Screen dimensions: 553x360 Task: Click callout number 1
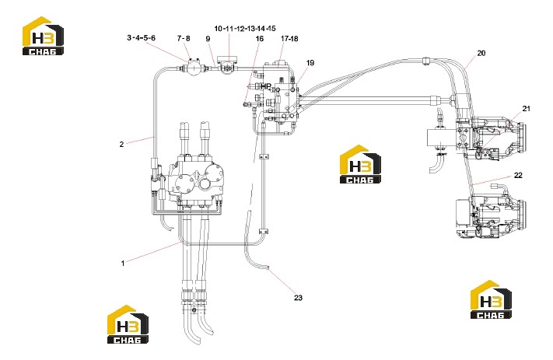pyautogui.click(x=123, y=264)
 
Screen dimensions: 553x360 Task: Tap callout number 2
pyautogui.click(x=121, y=144)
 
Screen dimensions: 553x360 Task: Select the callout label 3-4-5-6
pyautogui.click(x=141, y=38)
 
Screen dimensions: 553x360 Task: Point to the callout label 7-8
pyautogui.click(x=184, y=38)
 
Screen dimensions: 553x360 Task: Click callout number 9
pyautogui.click(x=208, y=38)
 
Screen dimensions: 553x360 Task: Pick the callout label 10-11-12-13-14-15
pyautogui.click(x=245, y=28)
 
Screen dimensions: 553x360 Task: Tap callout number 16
pyautogui.click(x=260, y=38)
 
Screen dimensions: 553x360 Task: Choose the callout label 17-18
pyautogui.click(x=289, y=38)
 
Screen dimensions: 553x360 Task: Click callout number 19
pyautogui.click(x=310, y=63)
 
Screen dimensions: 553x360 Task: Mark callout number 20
pyautogui.click(x=481, y=53)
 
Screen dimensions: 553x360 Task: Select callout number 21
pyautogui.click(x=527, y=109)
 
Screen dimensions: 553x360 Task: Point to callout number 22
pyautogui.click(x=518, y=175)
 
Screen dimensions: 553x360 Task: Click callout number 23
pyautogui.click(x=299, y=298)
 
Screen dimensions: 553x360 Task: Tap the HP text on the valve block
pyautogui.click(x=266, y=86)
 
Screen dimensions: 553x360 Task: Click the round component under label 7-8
pyautogui.click(x=193, y=67)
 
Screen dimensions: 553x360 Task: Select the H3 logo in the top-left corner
pyautogui.click(x=43, y=36)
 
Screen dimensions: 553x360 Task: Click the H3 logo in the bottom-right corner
pyautogui.click(x=491, y=299)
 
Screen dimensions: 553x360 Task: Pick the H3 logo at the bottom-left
pyautogui.click(x=128, y=324)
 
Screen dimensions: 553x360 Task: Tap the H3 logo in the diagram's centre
pyautogui.click(x=360, y=164)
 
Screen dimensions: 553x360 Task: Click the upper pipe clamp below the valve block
pyautogui.click(x=264, y=156)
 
